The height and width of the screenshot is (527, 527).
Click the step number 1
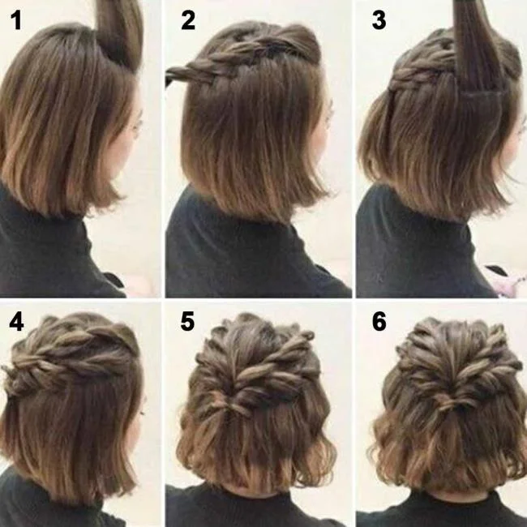[x=15, y=19]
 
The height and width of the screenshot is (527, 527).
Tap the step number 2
[x=189, y=19]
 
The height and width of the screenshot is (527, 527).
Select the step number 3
[x=379, y=19]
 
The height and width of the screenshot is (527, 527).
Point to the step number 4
[x=16, y=322]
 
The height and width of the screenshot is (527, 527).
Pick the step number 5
[x=188, y=322]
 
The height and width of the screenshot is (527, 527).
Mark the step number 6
[x=379, y=322]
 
